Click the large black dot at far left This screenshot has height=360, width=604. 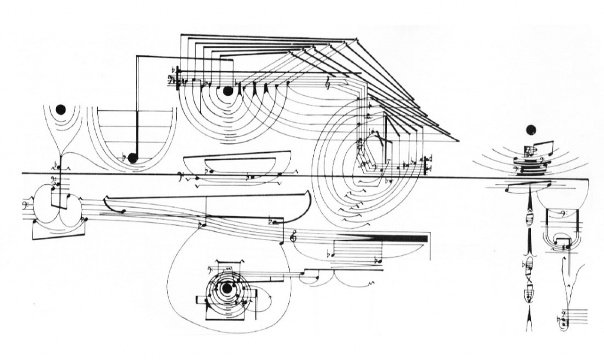pyautogui.click(x=60, y=109)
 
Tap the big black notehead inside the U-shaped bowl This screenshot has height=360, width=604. pyautogui.click(x=133, y=158)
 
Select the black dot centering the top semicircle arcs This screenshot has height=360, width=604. pyautogui.click(x=228, y=91)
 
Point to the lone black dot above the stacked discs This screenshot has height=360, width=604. pyautogui.click(x=530, y=130)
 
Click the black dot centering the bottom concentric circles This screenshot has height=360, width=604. pyautogui.click(x=226, y=288)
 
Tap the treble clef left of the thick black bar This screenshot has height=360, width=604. pyautogui.click(x=294, y=237)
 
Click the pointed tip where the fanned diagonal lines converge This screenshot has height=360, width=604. pyautogui.click(x=458, y=140)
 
